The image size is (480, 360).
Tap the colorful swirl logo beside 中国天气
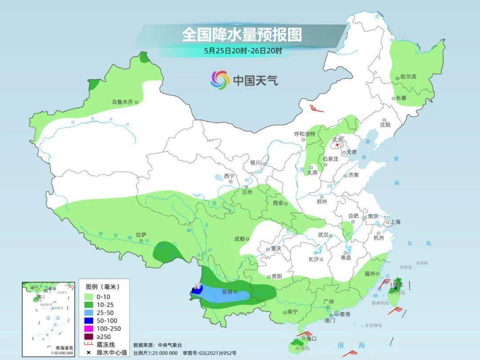click(x=220, y=80)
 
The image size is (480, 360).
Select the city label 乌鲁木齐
click(x=122, y=102)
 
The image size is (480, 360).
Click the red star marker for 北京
click(x=337, y=144)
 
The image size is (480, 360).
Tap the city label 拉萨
click(x=141, y=235)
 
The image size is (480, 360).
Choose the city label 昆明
click(x=227, y=292)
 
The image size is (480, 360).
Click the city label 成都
click(x=239, y=239)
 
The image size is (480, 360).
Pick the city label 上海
click(x=395, y=222)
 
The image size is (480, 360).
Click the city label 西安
click(x=278, y=203)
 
